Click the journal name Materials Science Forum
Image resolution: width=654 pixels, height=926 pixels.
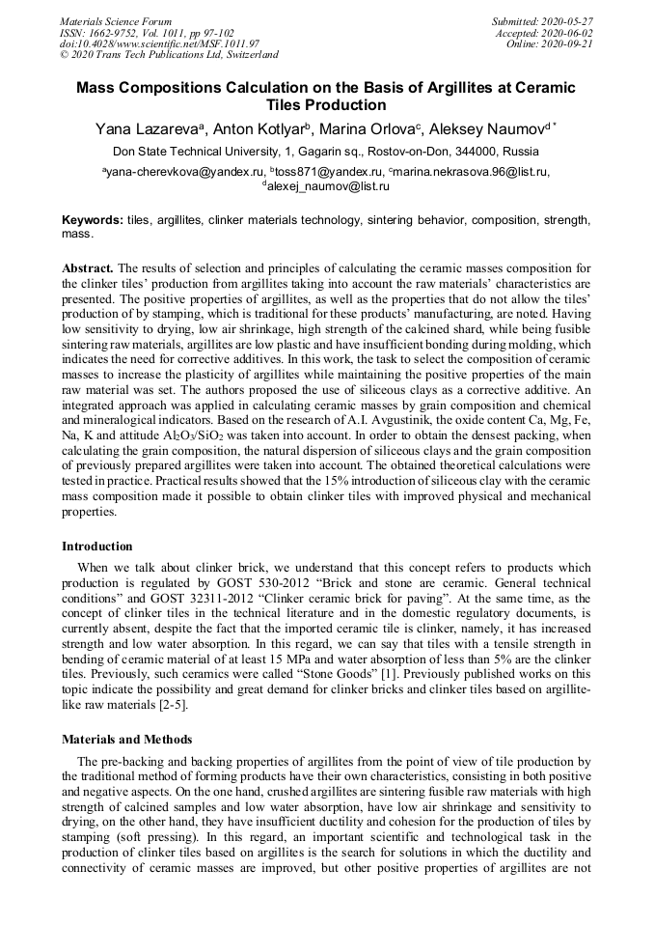click(116, 21)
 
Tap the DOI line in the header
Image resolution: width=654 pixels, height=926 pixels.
click(159, 43)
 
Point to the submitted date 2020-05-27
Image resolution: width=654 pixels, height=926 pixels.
click(567, 21)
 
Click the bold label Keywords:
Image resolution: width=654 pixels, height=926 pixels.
click(93, 220)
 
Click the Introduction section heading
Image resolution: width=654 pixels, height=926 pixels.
click(97, 547)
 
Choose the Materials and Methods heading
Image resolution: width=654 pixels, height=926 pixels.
click(126, 740)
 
